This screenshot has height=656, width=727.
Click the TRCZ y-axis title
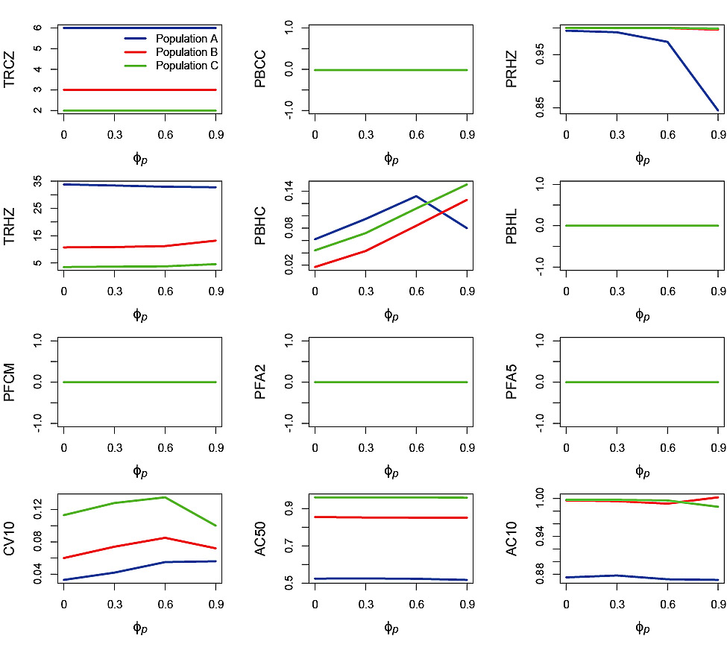click(10, 69)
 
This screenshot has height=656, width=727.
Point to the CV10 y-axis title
click(10, 538)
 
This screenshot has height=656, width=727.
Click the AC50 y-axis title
click(261, 538)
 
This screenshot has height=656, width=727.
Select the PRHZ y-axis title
click(512, 69)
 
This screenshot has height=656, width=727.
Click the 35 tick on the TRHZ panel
click(37, 181)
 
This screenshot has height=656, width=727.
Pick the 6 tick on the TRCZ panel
click(37, 28)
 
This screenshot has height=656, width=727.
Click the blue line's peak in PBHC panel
click(416, 196)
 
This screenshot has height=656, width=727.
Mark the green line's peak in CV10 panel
click(165, 497)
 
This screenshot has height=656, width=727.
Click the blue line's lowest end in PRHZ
click(717, 110)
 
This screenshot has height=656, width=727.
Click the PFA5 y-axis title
click(512, 382)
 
